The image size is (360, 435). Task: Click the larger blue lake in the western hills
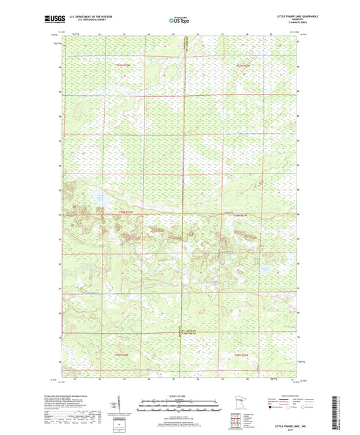click(x=99, y=200)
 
